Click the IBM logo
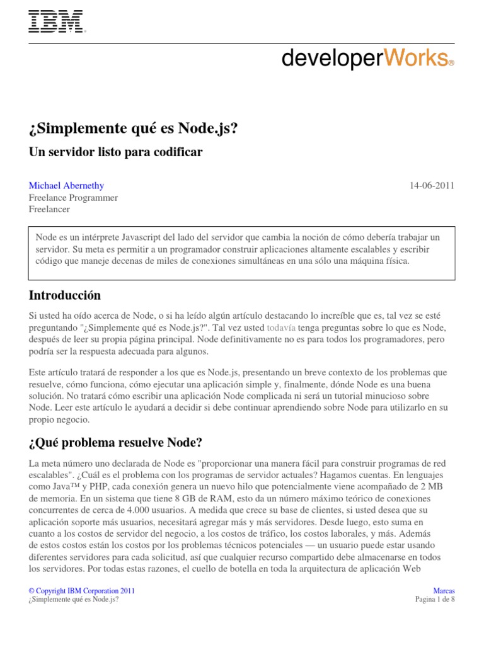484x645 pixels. pyautogui.click(x=57, y=22)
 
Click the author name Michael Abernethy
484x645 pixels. pyautogui.click(x=67, y=185)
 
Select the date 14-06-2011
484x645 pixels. pyautogui.click(x=432, y=185)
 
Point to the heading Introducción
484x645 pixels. pyautogui.click(x=65, y=295)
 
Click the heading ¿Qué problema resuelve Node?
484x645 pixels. pyautogui.click(x=115, y=443)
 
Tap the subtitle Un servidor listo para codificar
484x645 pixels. pyautogui.click(x=116, y=152)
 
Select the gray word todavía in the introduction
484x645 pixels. pyautogui.click(x=281, y=328)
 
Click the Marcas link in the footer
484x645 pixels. pyautogui.click(x=444, y=591)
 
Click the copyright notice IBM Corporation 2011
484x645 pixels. pyautogui.click(x=81, y=591)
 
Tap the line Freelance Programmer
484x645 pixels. pyautogui.click(x=73, y=197)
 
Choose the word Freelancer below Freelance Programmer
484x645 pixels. pyautogui.click(x=50, y=209)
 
